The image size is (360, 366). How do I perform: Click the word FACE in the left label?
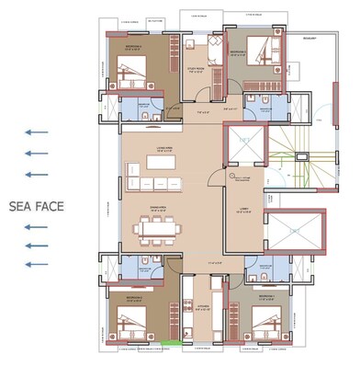[49, 206]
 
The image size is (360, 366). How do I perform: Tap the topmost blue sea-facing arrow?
[36, 133]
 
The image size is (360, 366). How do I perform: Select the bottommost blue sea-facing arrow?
[36, 265]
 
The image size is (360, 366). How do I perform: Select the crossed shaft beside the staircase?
[244, 146]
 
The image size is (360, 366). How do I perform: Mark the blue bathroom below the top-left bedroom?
[142, 110]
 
